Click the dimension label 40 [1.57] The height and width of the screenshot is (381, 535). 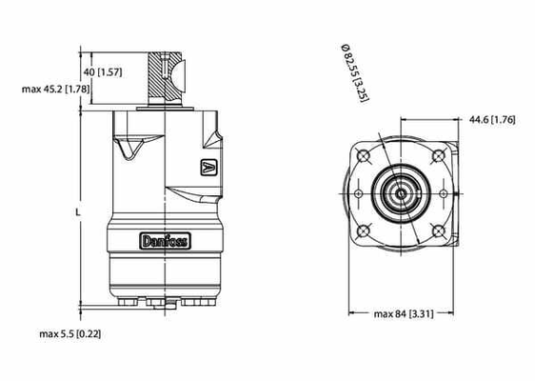103,72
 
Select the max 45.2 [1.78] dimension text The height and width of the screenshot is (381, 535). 55,90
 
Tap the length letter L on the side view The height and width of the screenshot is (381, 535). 78,212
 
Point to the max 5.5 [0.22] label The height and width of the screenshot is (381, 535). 70,333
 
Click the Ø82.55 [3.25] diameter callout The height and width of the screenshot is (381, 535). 355,72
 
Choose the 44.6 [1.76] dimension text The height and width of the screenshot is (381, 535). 492,119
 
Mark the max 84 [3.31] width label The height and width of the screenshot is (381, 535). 404,313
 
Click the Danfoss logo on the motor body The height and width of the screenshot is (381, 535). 165,241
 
